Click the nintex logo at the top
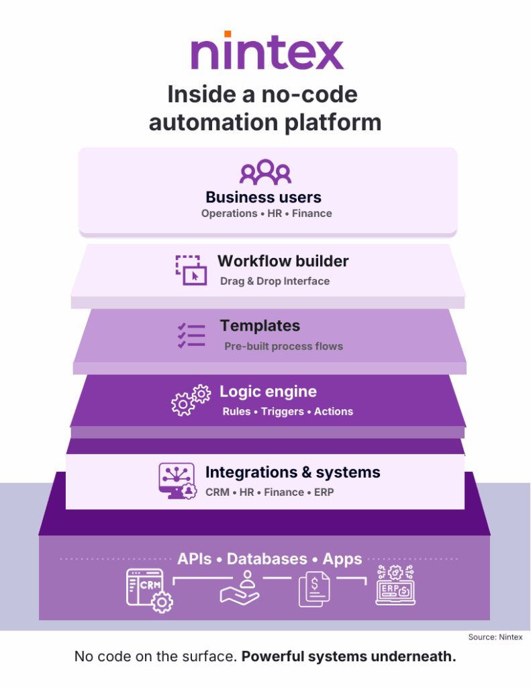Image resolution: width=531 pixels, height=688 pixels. coord(267,52)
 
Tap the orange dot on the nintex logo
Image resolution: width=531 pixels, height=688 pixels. coord(228,34)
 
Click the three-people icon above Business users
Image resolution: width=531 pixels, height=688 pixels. coord(265,172)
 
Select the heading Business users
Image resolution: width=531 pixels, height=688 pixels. coord(263,197)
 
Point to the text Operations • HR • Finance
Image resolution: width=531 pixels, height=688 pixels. coord(267,214)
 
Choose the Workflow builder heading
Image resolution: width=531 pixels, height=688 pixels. coord(283,261)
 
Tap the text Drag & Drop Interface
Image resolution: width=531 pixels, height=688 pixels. coord(275,282)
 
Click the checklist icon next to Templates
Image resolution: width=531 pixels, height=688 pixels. coord(191,335)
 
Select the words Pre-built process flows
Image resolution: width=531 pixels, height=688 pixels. coord(283,347)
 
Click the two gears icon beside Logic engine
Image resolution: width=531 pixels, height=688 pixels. coord(190,400)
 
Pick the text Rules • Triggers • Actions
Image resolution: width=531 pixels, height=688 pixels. coord(287,411)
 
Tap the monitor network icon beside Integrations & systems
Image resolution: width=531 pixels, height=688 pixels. coord(176,480)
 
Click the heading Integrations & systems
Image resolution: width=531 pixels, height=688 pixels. coord(293,472)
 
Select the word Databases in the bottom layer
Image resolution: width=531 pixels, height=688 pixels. coord(267,559)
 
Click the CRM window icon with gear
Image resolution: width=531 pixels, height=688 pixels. coord(149,590)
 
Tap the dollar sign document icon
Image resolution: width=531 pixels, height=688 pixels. coord(314,589)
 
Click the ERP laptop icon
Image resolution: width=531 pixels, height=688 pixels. coord(395,586)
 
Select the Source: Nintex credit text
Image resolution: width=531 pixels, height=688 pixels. coord(495,636)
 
